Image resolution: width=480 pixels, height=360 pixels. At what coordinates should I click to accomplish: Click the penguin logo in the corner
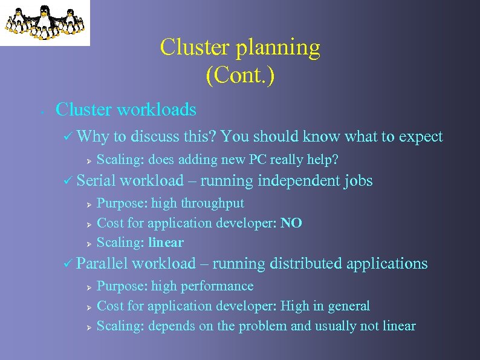click(45, 22)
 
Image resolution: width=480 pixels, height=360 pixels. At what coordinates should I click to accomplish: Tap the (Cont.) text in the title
click(240, 76)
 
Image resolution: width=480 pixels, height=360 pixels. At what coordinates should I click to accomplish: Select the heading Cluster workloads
click(126, 110)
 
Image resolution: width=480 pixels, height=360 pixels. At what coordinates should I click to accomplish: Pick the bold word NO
click(291, 223)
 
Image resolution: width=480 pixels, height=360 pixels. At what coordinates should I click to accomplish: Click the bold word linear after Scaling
click(166, 243)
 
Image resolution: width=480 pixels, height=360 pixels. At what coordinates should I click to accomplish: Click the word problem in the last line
click(263, 326)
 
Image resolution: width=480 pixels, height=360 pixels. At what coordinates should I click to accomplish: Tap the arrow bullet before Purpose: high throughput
click(88, 204)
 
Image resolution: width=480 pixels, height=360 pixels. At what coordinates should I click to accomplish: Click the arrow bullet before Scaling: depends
click(88, 327)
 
